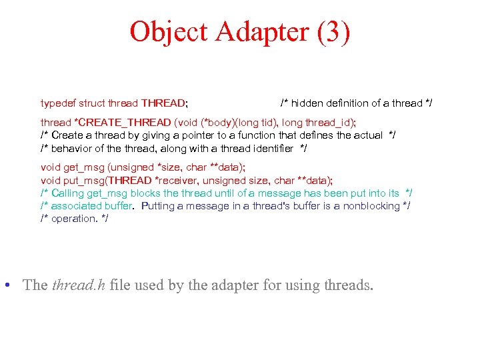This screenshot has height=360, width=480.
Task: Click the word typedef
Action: click(59, 103)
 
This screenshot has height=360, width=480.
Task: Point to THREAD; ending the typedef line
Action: click(164, 103)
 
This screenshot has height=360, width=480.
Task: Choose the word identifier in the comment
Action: click(272, 148)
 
